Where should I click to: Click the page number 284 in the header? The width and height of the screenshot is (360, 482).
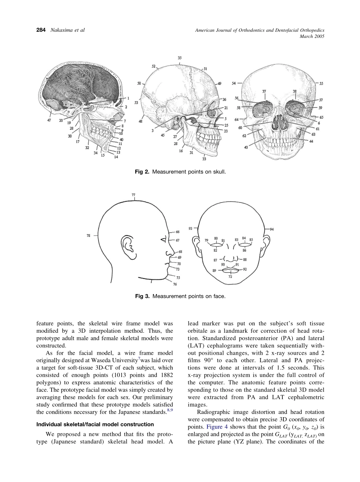pos(41,30)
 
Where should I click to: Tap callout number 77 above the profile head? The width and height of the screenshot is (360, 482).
pos(133,195)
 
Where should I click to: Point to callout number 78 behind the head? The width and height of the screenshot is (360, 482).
pos(88,235)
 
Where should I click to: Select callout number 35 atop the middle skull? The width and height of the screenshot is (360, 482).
pos(180,58)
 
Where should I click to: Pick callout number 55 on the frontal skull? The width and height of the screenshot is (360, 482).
pos(321,83)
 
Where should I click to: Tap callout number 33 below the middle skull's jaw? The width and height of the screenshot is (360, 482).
pos(204,159)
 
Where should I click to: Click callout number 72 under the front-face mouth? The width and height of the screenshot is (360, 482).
pos(230,277)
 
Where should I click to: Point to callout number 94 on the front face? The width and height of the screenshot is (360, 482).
pos(272,229)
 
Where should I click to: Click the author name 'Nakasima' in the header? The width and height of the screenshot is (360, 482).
pos(62,30)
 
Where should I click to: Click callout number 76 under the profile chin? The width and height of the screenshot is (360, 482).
pos(175,284)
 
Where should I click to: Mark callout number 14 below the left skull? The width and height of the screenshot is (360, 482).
pos(116,156)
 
